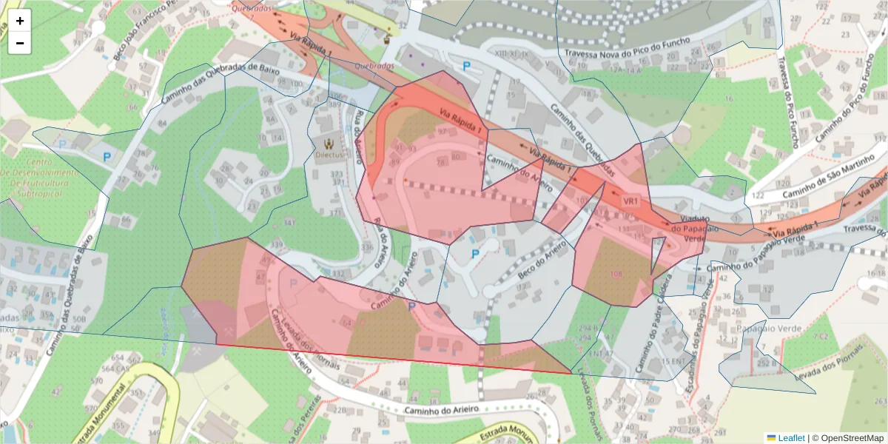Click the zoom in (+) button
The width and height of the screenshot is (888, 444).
20,21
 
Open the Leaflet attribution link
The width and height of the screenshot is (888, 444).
790,438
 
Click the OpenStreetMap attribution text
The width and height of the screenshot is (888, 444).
851,438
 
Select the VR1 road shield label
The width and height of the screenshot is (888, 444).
630,201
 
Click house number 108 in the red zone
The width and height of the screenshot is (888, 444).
616,275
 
